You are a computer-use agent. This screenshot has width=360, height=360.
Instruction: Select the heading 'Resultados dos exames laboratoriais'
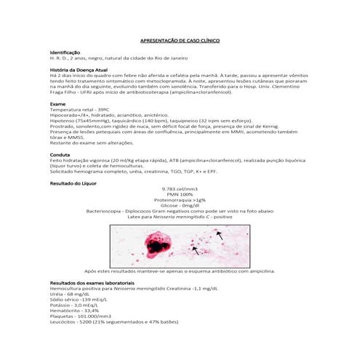[92, 281]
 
